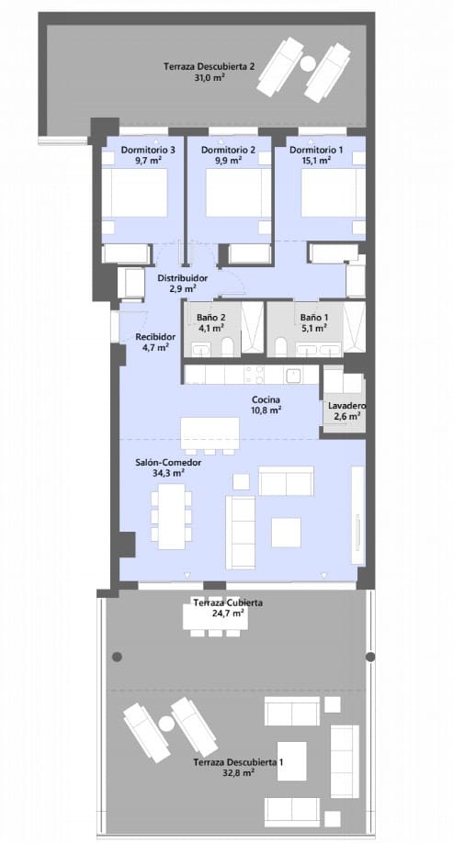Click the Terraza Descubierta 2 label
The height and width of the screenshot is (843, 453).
(209, 66)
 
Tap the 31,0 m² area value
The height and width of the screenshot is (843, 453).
(209, 78)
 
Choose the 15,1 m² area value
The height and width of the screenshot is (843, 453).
(312, 160)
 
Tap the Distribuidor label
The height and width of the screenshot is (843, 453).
(182, 277)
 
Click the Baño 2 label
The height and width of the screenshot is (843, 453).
(210, 319)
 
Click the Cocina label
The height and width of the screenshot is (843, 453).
(267, 399)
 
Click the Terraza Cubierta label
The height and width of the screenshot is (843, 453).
(228, 602)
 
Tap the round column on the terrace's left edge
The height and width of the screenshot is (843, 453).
(117, 656)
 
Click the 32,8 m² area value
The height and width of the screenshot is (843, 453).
(238, 775)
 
